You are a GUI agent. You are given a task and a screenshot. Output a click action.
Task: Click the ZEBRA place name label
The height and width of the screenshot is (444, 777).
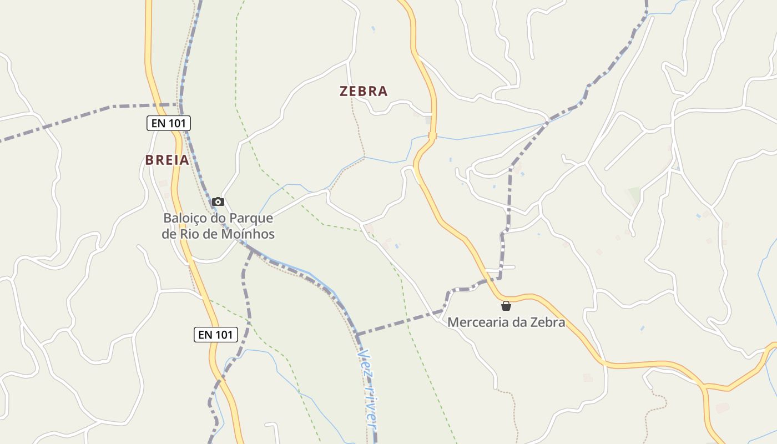(364, 92)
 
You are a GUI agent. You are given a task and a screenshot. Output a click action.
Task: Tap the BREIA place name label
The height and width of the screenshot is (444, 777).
(167, 160)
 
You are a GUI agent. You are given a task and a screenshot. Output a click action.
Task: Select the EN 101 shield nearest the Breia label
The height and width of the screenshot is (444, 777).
(169, 123)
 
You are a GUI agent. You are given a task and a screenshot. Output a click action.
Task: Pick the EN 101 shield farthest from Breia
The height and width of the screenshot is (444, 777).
(216, 335)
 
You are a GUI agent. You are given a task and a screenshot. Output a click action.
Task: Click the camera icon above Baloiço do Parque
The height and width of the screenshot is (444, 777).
(218, 201)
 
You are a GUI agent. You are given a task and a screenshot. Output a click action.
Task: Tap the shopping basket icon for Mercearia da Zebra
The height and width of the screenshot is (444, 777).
(506, 306)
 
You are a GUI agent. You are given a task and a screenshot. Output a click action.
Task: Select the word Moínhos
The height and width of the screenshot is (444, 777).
(249, 234)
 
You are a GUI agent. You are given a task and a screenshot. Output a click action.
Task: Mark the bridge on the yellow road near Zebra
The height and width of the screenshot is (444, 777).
(432, 135)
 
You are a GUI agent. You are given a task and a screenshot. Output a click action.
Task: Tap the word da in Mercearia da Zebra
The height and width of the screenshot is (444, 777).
(519, 322)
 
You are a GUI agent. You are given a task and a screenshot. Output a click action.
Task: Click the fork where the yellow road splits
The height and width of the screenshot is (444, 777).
(705, 385)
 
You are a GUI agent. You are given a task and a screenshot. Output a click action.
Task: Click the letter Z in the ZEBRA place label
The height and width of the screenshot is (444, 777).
(344, 92)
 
